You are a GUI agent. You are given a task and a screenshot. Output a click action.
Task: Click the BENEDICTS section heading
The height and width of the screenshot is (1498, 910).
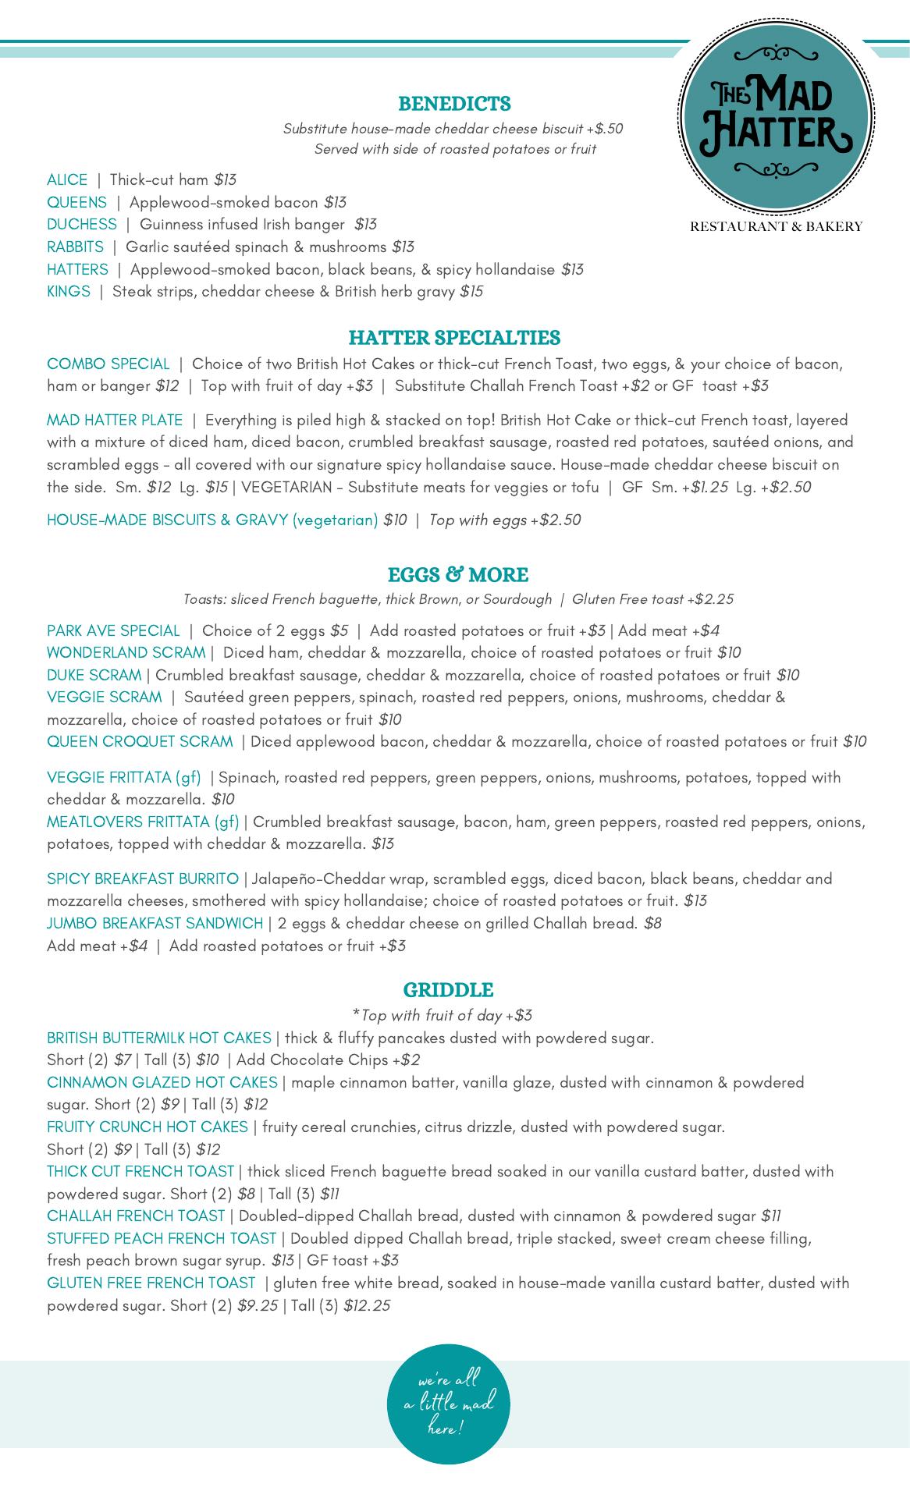point(454,104)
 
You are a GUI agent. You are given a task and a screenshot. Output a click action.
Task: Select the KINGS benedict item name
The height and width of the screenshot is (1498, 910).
point(69,292)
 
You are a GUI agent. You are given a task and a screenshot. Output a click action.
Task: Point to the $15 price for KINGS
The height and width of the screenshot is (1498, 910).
point(471,292)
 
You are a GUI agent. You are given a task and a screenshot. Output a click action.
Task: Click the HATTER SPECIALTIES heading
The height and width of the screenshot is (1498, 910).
point(454,338)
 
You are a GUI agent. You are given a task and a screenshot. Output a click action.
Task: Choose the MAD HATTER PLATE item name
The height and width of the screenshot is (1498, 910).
point(115,421)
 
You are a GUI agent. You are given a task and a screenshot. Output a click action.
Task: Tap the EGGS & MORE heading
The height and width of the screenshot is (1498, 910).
point(457,575)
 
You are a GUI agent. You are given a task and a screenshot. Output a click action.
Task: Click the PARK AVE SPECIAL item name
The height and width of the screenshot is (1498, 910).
point(113,630)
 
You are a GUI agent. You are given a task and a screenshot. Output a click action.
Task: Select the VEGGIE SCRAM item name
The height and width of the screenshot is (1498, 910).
point(105,697)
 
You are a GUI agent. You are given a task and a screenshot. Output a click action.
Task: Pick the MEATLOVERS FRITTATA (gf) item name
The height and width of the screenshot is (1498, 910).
point(143,822)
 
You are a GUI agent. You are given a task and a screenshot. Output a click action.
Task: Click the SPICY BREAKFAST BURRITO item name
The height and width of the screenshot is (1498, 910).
point(143,879)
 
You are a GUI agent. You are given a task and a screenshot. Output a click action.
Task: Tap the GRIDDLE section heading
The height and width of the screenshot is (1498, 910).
point(448,990)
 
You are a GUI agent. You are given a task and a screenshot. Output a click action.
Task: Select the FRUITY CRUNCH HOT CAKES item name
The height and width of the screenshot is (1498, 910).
point(148,1127)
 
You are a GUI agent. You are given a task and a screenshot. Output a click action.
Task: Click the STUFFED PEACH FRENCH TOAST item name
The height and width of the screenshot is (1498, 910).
point(162,1238)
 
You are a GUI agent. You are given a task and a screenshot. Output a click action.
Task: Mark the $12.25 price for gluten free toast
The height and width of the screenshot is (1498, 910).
point(367,1305)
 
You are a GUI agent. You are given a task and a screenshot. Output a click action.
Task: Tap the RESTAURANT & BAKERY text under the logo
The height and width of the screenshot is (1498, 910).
point(776,227)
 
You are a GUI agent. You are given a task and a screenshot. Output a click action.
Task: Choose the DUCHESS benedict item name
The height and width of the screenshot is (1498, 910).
point(82,225)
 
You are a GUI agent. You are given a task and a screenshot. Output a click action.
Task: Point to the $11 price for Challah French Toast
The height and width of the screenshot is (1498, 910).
point(771,1216)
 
